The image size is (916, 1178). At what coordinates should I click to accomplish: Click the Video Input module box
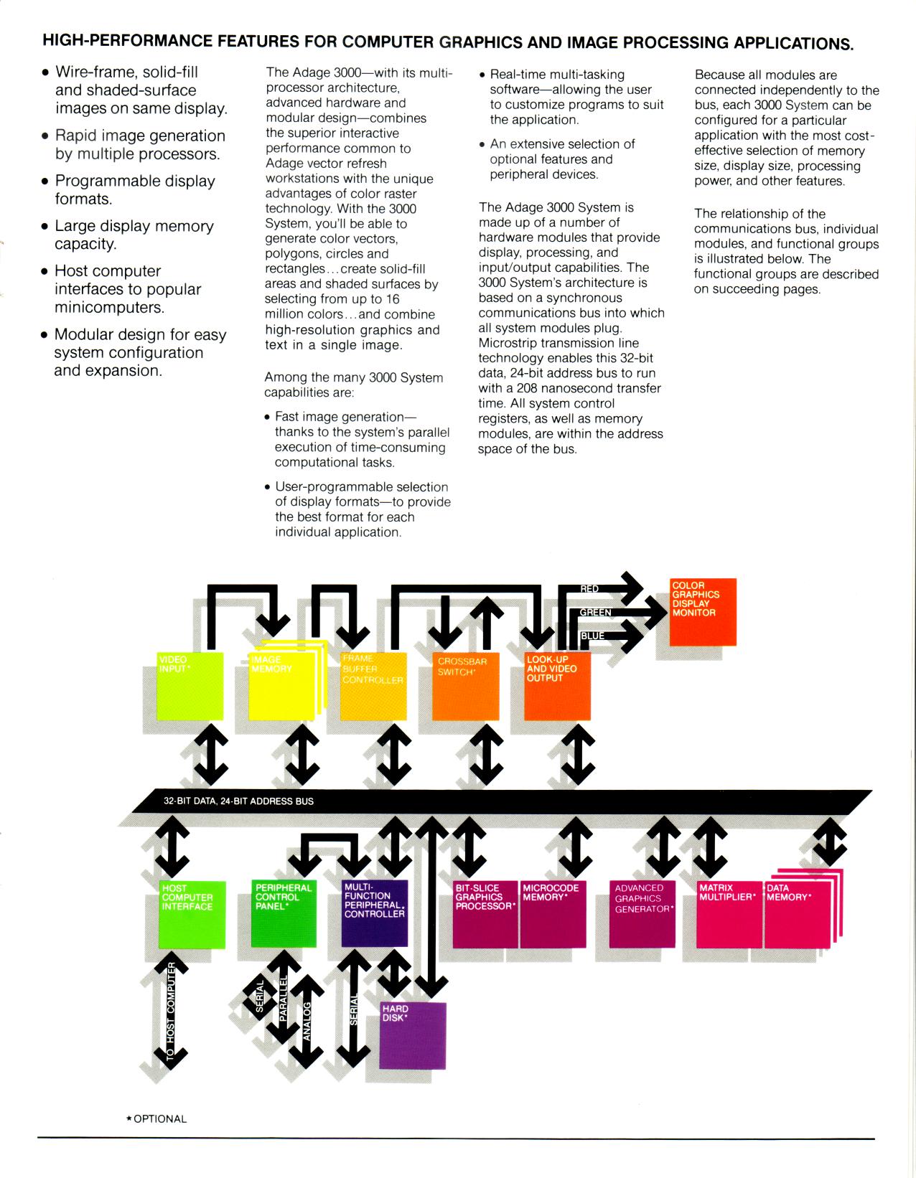click(x=190, y=686)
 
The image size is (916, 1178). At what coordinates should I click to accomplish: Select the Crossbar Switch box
click(x=465, y=686)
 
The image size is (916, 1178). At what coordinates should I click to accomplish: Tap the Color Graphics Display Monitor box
click(x=703, y=611)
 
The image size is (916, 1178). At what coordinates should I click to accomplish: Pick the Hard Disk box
click(x=413, y=1036)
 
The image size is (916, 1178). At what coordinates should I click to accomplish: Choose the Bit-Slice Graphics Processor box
click(x=485, y=914)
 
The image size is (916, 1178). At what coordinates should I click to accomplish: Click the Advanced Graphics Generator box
click(x=642, y=914)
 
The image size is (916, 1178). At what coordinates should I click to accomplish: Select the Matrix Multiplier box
click(x=729, y=914)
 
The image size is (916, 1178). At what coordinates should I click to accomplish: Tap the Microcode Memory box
click(x=551, y=914)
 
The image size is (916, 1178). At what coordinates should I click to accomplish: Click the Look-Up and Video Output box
click(x=557, y=686)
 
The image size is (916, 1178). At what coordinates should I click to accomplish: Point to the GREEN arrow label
click(x=596, y=613)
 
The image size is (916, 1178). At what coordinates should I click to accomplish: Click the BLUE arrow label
click(x=593, y=636)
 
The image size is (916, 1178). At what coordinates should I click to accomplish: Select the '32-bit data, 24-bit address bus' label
click(x=238, y=801)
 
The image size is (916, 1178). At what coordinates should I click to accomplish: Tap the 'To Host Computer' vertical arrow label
click(x=171, y=1013)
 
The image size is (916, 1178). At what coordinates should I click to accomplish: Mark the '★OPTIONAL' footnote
click(x=156, y=1119)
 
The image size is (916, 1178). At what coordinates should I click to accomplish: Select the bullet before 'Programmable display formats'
click(x=45, y=182)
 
